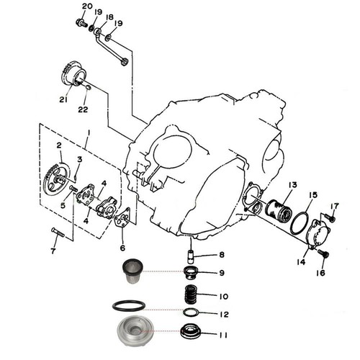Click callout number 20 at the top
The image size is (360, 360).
(86, 6)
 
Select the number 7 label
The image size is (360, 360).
(52, 251)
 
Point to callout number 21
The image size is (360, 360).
(62, 100)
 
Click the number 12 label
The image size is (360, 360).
(223, 314)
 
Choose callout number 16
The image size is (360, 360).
(320, 273)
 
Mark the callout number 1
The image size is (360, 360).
(87, 132)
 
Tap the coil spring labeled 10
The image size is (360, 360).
(191, 295)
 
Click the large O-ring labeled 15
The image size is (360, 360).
(298, 223)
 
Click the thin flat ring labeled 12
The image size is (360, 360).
(191, 313)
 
